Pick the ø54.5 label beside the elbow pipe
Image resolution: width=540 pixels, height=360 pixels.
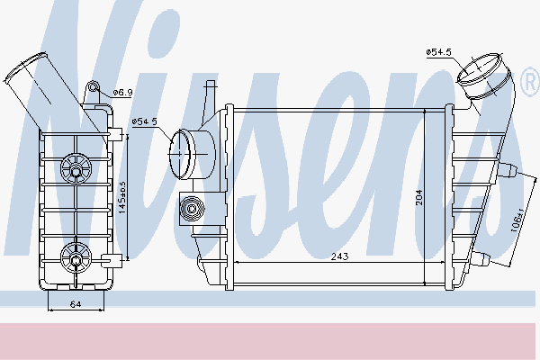440,53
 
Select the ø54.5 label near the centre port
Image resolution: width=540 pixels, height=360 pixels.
144,121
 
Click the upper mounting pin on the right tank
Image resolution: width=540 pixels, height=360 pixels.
509,169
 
